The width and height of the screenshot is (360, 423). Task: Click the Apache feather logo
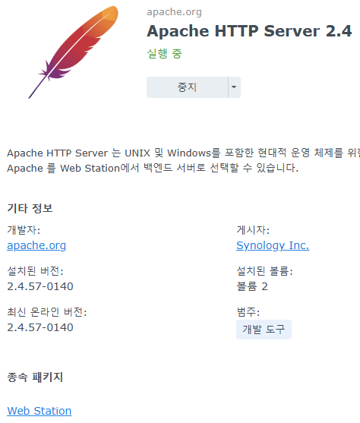pyautogui.click(x=74, y=52)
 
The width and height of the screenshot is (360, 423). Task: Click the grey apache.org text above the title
pyautogui.click(x=174, y=12)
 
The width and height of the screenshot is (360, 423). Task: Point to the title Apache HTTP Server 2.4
pyautogui.click(x=249, y=30)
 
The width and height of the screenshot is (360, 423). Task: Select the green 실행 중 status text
pyautogui.click(x=164, y=53)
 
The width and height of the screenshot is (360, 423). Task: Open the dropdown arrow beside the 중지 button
pyautogui.click(x=234, y=87)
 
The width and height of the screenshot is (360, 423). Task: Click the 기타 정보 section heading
pyautogui.click(x=30, y=208)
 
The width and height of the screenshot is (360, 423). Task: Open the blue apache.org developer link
pyautogui.click(x=36, y=245)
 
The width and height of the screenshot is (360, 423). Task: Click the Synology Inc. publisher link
pyautogui.click(x=273, y=245)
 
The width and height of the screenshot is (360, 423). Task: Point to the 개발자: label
pyautogui.click(x=24, y=230)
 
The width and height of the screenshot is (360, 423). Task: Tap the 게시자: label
pyautogui.click(x=253, y=230)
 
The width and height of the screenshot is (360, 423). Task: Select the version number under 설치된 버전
pyautogui.click(x=40, y=286)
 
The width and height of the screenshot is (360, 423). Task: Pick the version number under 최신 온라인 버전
pyautogui.click(x=40, y=327)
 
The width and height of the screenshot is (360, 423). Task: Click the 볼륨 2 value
pyautogui.click(x=252, y=286)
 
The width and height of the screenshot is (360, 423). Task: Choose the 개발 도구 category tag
pyautogui.click(x=264, y=330)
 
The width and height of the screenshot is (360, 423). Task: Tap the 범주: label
pyautogui.click(x=248, y=312)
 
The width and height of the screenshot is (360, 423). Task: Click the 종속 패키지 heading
pyautogui.click(x=35, y=377)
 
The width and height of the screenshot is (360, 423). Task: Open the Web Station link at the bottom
pyautogui.click(x=39, y=411)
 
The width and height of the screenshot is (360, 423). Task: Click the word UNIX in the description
pyautogui.click(x=137, y=153)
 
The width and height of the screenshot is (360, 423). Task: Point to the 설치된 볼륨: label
pyautogui.click(x=264, y=271)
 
